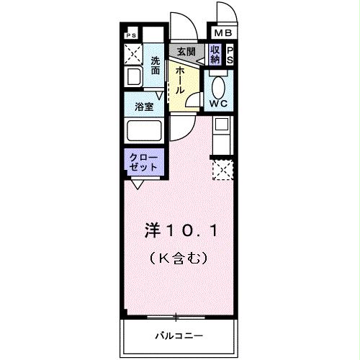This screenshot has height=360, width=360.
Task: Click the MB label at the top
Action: pyautogui.click(x=220, y=33)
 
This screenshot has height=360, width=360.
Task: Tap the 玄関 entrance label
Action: pyautogui.click(x=186, y=52)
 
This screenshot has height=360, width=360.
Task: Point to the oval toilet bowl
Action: pyautogui.click(x=218, y=86)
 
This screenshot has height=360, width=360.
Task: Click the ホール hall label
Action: pyautogui.click(x=179, y=78)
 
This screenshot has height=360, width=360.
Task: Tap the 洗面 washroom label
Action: pyautogui.click(x=156, y=66)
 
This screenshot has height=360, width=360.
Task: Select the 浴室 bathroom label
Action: pyautogui.click(x=144, y=107)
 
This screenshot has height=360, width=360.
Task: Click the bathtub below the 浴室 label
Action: pyautogui.click(x=144, y=131)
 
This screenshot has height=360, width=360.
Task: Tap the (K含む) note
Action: pyautogui.click(x=181, y=256)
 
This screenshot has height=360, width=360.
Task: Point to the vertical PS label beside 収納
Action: pyautogui.click(x=230, y=55)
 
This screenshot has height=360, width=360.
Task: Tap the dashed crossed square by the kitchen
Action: pyautogui.click(x=222, y=170)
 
